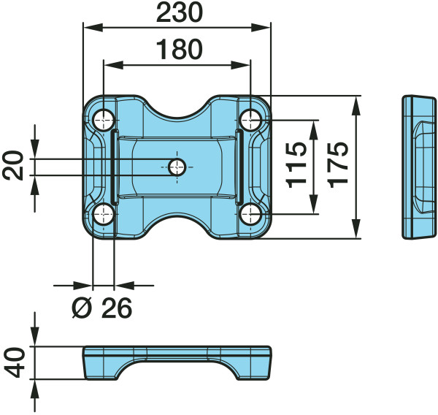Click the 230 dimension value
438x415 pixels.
pyautogui.click(x=179, y=12)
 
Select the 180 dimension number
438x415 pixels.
pyautogui.click(x=179, y=50)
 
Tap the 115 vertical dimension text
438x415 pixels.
pyautogui.click(x=296, y=164)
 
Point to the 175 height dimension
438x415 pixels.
pyautogui.click(x=338, y=164)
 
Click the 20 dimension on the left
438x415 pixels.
pyautogui.click(x=13, y=165)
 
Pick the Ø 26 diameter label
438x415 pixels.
pyautogui.click(x=102, y=308)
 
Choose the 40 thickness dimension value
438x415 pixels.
pyautogui.click(x=15, y=362)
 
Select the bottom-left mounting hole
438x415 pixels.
pyautogui.click(x=104, y=215)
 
